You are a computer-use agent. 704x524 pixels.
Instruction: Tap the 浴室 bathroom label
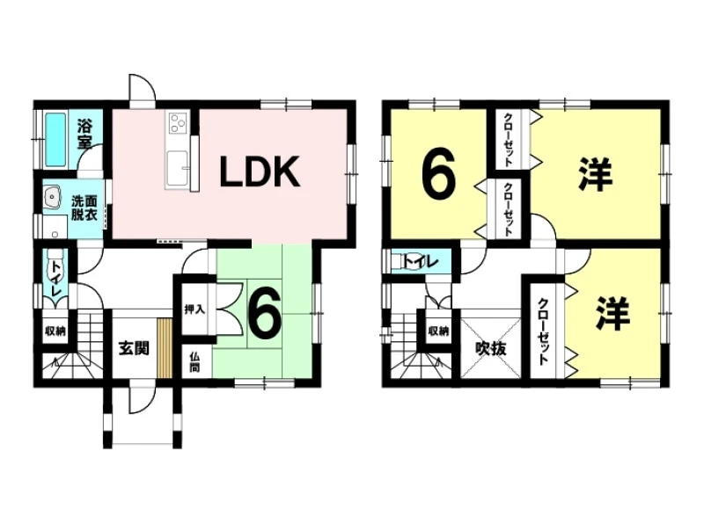[x=85, y=133]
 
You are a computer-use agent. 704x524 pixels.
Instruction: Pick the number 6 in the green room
[x=263, y=312]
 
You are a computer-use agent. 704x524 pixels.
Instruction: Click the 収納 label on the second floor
[x=439, y=331]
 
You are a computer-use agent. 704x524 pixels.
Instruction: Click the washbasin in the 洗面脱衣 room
[x=51, y=198]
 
